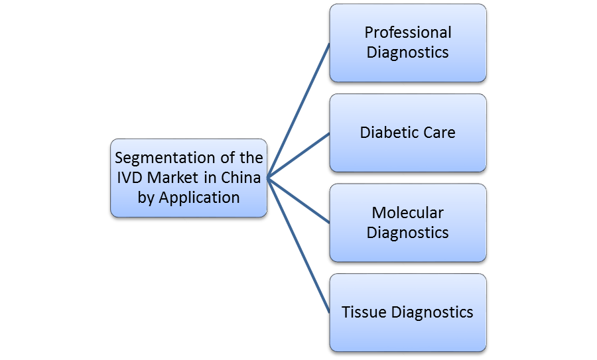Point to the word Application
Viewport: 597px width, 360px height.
(198, 197)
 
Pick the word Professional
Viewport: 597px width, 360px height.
(408, 32)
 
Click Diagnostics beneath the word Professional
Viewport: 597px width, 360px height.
(408, 52)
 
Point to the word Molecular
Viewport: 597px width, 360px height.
(408, 213)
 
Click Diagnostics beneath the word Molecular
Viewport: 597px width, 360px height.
(408, 232)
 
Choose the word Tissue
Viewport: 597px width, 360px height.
(363, 312)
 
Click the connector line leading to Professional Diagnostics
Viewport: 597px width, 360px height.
(298, 110)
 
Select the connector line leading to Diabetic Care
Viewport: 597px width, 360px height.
(298, 155)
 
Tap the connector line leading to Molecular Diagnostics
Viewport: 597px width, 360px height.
(298, 200)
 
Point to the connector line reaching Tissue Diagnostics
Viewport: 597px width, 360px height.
(298, 245)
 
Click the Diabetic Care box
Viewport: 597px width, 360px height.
(408, 152)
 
